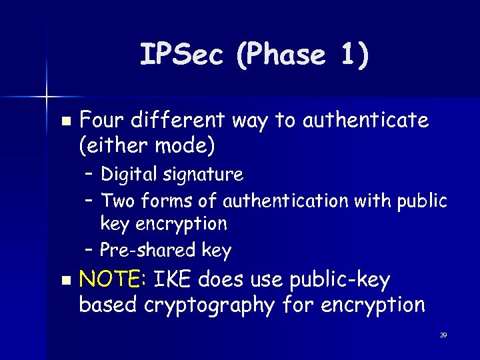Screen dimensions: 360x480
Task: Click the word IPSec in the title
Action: point(181,55)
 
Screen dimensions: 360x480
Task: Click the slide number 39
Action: point(443,335)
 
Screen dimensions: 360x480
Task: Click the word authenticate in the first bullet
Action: point(365,121)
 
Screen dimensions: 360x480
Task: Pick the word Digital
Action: point(128,175)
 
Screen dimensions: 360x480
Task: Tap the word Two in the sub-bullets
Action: point(116,200)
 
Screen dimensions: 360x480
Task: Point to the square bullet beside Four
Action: point(65,122)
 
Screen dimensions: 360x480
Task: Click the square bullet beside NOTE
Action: point(65,282)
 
